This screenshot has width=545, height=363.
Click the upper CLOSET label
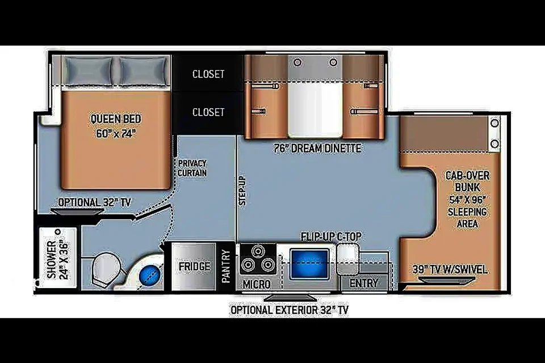click(208, 74)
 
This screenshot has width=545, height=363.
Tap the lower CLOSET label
click(208, 112)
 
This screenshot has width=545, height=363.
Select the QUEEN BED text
click(116, 119)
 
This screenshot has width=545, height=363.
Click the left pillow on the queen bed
click(87, 71)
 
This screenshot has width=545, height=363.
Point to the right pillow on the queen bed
click(144, 71)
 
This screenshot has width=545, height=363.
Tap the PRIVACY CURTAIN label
click(192, 168)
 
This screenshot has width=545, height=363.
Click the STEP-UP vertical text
click(242, 190)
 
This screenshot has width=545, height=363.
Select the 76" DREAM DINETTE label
click(317, 149)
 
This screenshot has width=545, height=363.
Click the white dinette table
click(315, 110)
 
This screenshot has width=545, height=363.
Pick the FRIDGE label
click(195, 267)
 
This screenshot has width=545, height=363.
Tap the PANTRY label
click(226, 266)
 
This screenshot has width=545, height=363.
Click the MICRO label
click(257, 284)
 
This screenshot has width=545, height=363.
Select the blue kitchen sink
click(309, 264)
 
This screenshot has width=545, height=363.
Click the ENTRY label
click(364, 283)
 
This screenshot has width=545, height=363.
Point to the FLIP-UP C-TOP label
click(331, 237)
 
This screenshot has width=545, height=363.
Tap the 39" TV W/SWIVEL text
click(450, 269)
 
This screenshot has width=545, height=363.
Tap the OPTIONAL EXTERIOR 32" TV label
click(289, 310)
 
